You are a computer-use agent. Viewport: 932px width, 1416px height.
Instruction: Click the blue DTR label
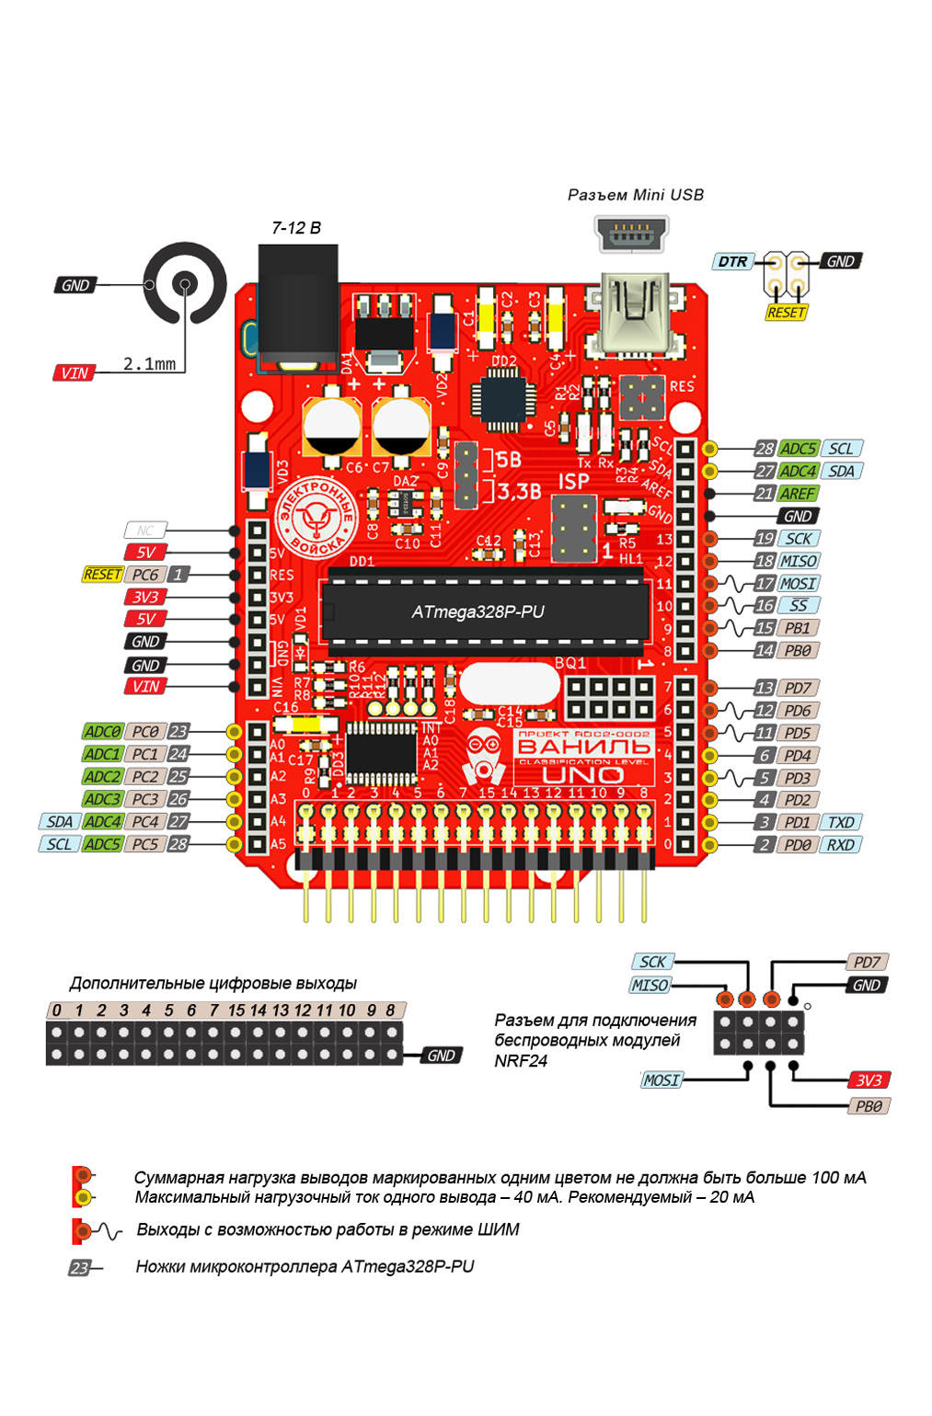(732, 262)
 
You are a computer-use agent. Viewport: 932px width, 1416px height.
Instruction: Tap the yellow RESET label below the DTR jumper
(786, 313)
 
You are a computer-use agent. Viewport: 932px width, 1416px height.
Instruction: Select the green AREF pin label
(798, 494)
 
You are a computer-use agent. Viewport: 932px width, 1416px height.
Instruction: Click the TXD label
(841, 823)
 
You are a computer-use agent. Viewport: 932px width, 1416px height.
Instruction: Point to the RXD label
(841, 845)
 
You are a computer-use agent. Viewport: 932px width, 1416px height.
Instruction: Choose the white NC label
(145, 531)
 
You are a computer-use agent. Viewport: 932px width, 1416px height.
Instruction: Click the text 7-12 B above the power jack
(296, 228)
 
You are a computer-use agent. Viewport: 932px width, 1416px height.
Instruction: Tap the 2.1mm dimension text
(150, 364)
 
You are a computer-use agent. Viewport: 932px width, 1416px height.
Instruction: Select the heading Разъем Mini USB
(635, 195)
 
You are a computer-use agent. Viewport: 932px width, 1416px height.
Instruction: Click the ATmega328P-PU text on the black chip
(478, 612)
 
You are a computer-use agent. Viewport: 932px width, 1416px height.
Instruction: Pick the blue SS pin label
(798, 606)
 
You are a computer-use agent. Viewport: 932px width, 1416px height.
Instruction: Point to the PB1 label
(798, 628)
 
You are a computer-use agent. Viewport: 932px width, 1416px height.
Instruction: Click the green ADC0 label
(102, 732)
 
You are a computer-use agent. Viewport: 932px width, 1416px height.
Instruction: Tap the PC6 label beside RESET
(145, 575)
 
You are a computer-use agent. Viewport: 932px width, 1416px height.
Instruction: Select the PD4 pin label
(798, 756)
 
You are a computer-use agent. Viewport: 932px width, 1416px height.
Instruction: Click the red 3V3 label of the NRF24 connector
(869, 1080)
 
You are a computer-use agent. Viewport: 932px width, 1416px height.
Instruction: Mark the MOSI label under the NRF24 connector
(662, 1080)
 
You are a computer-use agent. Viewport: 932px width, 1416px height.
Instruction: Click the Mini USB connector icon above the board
(631, 234)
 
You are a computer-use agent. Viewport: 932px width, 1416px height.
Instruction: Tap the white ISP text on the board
(573, 482)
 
